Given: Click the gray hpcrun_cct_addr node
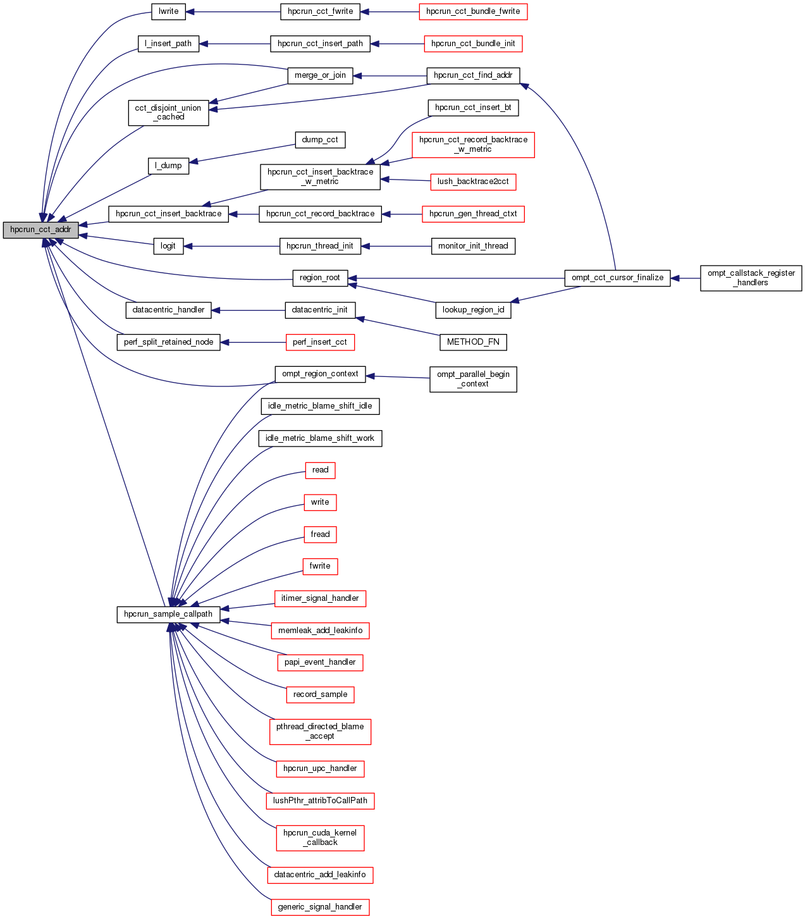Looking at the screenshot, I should tap(40, 230).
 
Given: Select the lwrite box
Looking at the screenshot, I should tap(169, 11).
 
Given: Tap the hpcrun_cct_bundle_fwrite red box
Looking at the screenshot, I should tap(473, 11).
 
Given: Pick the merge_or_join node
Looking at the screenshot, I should tap(320, 75).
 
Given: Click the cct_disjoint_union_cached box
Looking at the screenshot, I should tap(168, 113).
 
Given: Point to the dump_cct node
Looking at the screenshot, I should tap(320, 140).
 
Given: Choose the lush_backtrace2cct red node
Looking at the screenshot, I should tap(473, 182).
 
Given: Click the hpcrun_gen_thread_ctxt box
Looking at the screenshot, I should tap(473, 214).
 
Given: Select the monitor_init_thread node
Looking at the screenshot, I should tap(473, 246).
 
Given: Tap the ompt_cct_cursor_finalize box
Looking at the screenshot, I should tap(617, 278).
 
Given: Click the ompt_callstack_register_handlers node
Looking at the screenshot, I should tap(751, 278).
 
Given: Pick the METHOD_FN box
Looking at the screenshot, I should tap(473, 342).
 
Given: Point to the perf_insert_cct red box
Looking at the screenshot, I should tap(320, 342).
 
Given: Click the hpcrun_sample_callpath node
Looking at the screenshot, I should tap(168, 614).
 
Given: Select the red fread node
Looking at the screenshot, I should tap(320, 534).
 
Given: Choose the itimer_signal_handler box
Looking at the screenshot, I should tap(320, 598).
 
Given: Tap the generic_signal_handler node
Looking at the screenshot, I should tap(320, 907).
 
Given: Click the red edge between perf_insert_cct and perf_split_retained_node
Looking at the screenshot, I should tap(253, 342).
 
